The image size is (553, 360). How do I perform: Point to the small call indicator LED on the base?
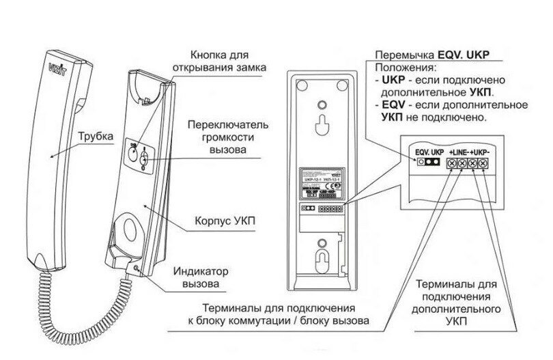click(137, 270)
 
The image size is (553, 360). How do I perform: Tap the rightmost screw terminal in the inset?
click(483, 164)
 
